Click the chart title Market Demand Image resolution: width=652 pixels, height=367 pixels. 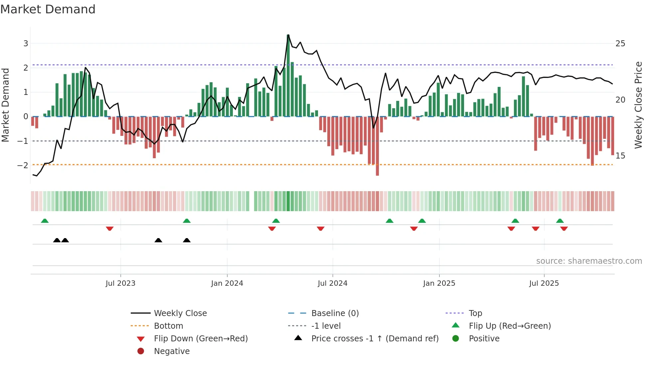48,9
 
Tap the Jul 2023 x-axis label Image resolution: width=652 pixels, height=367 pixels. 120,283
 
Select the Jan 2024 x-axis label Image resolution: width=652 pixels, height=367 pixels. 227,283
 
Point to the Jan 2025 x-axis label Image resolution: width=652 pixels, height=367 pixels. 439,283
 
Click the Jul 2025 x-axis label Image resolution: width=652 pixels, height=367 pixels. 544,283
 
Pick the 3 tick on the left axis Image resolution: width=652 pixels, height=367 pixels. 26,44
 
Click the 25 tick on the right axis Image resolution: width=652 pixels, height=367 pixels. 620,44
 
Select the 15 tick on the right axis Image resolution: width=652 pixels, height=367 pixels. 620,156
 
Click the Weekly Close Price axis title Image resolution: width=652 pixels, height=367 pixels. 638,105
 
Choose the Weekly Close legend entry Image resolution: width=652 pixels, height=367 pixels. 180,313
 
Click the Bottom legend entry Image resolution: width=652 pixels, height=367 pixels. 168,326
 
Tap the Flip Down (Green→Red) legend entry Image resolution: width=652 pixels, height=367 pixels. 201,339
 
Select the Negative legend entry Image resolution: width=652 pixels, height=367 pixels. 172,351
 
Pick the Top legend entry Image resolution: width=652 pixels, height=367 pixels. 475,313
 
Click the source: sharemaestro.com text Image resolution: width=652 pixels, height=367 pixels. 589,261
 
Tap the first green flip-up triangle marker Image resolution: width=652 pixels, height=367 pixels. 45,221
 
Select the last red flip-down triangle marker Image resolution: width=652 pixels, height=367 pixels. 564,228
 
